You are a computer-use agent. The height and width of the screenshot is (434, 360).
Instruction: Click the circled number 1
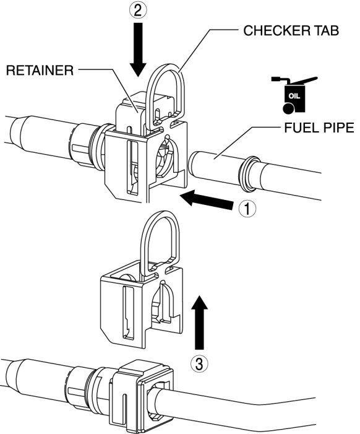click(247, 209)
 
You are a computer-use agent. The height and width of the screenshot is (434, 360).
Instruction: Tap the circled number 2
click(139, 11)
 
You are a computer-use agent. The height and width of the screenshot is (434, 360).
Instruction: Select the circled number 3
click(199, 363)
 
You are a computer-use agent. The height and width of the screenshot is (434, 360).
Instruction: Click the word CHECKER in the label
click(276, 31)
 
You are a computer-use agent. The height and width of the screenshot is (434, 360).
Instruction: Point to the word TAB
click(326, 31)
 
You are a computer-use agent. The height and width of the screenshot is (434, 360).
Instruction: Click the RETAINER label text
click(40, 71)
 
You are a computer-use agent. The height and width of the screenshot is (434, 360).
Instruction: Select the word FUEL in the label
click(300, 128)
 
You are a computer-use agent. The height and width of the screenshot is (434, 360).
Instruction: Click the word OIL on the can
click(294, 96)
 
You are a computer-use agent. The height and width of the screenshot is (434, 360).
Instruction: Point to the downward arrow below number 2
click(138, 50)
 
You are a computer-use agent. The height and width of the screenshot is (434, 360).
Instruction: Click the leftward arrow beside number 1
click(207, 200)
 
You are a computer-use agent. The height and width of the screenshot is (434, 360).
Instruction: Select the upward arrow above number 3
click(199, 322)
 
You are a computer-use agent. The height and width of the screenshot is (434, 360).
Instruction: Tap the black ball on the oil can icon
click(288, 108)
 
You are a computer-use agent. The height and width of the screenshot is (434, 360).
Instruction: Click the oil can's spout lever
click(304, 80)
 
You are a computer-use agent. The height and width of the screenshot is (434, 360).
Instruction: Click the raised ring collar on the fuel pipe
click(249, 174)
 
